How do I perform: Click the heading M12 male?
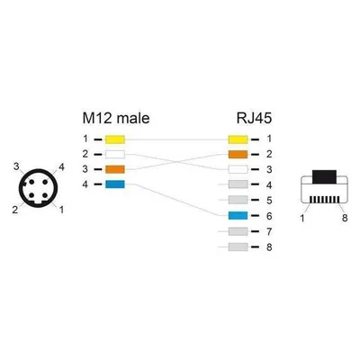click(116, 118)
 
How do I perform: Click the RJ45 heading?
click(254, 118)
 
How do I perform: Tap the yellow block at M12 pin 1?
click(115, 139)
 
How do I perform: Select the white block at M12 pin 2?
click(115, 155)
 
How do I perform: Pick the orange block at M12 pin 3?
click(115, 169)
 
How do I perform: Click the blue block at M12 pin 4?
click(115, 184)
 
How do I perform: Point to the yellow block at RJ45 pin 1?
click(238, 139)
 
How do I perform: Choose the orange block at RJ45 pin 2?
click(238, 155)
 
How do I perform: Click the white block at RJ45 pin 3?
click(238, 169)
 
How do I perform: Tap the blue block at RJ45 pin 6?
click(238, 216)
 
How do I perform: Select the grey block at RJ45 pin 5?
click(238, 200)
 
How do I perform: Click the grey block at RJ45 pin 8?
click(238, 247)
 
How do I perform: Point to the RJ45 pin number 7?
click(269, 231)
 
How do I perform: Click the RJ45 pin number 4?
click(269, 185)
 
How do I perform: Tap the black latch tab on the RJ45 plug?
click(324, 176)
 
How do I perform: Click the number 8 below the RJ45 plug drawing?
click(345, 218)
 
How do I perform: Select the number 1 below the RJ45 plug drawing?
click(302, 218)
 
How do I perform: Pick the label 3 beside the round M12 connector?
click(16, 166)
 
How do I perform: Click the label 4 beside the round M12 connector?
click(61, 167)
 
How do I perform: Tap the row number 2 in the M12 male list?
click(85, 154)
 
